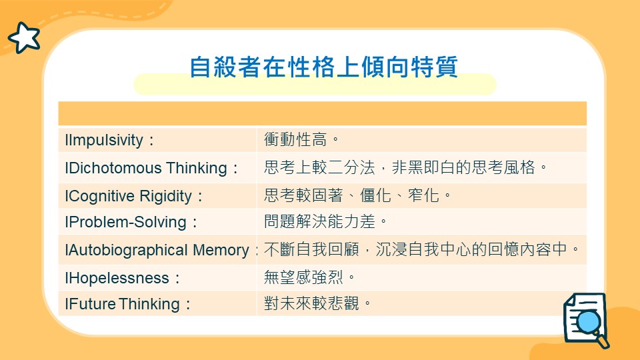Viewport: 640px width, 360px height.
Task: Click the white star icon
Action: pyautogui.click(x=24, y=38)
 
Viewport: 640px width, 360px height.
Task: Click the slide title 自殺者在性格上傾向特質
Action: pyautogui.click(x=324, y=67)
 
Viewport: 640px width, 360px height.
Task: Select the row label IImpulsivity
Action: pyautogui.click(x=109, y=140)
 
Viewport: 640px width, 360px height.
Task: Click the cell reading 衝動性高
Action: pyautogui.click(x=301, y=139)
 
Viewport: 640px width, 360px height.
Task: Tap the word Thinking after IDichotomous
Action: pyautogui.click(x=197, y=168)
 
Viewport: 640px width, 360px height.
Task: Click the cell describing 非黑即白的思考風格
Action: pyautogui.click(x=405, y=167)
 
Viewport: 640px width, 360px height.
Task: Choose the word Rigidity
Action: pyautogui.click(x=166, y=196)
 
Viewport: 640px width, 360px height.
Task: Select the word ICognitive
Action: pyautogui.click(x=100, y=196)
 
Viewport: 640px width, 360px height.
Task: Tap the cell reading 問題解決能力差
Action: pyautogui.click(x=325, y=221)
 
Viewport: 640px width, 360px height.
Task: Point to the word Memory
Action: pyautogui.click(x=221, y=250)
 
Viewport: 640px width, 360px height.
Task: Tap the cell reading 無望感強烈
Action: pyautogui.click(x=309, y=277)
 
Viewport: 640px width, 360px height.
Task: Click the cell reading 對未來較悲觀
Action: pyautogui.click(x=317, y=303)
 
